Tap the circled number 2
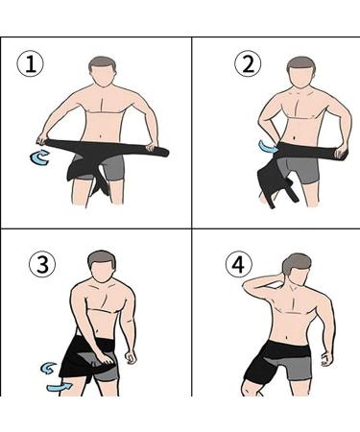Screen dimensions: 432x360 pyautogui.click(x=249, y=65)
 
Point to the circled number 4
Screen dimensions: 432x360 pyautogui.click(x=238, y=262)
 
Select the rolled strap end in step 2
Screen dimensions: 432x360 pyautogui.click(x=334, y=151)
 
